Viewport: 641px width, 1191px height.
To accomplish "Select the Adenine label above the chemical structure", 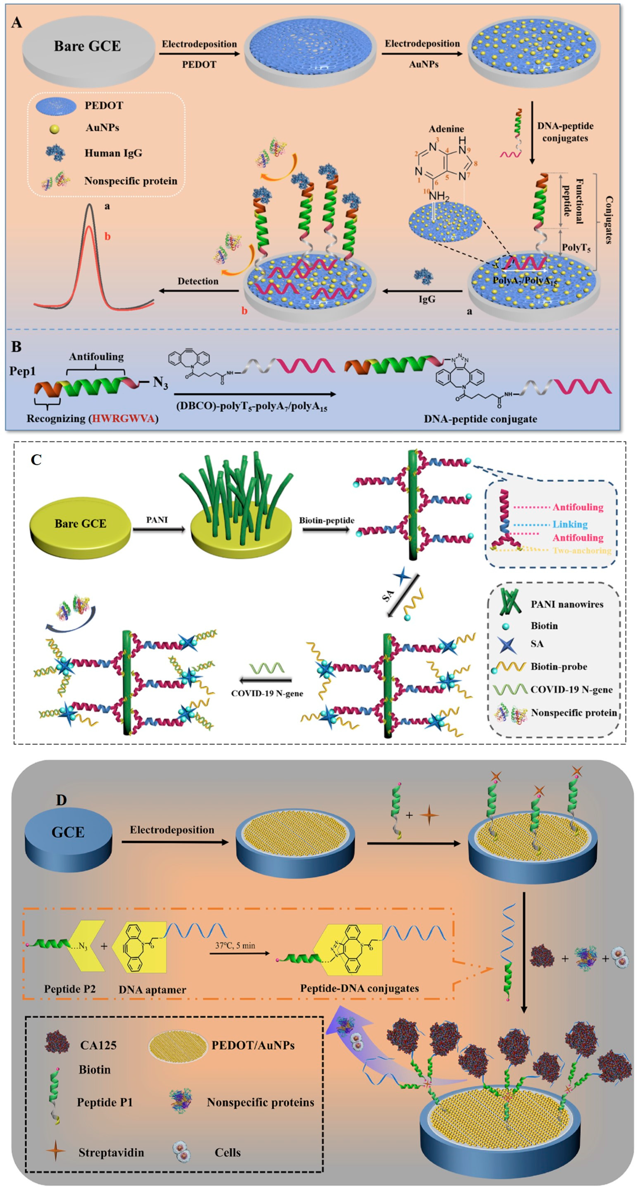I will click(446, 129).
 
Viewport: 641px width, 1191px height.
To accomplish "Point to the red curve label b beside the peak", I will click(107, 237).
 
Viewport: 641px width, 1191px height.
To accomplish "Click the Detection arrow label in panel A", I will click(198, 281).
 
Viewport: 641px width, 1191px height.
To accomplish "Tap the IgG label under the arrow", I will click(427, 299).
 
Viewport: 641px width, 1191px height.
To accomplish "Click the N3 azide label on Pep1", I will click(160, 382).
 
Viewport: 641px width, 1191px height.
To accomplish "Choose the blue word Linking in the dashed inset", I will click(570, 524).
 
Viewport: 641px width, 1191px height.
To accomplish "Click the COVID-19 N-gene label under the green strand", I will click(267, 693).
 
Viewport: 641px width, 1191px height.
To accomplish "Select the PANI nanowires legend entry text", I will click(567, 604).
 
